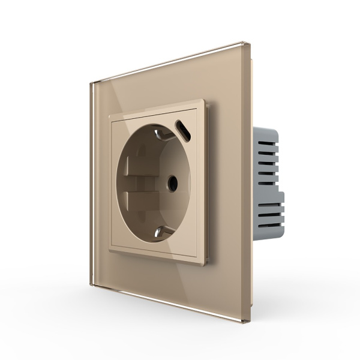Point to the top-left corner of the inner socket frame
(109, 110)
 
